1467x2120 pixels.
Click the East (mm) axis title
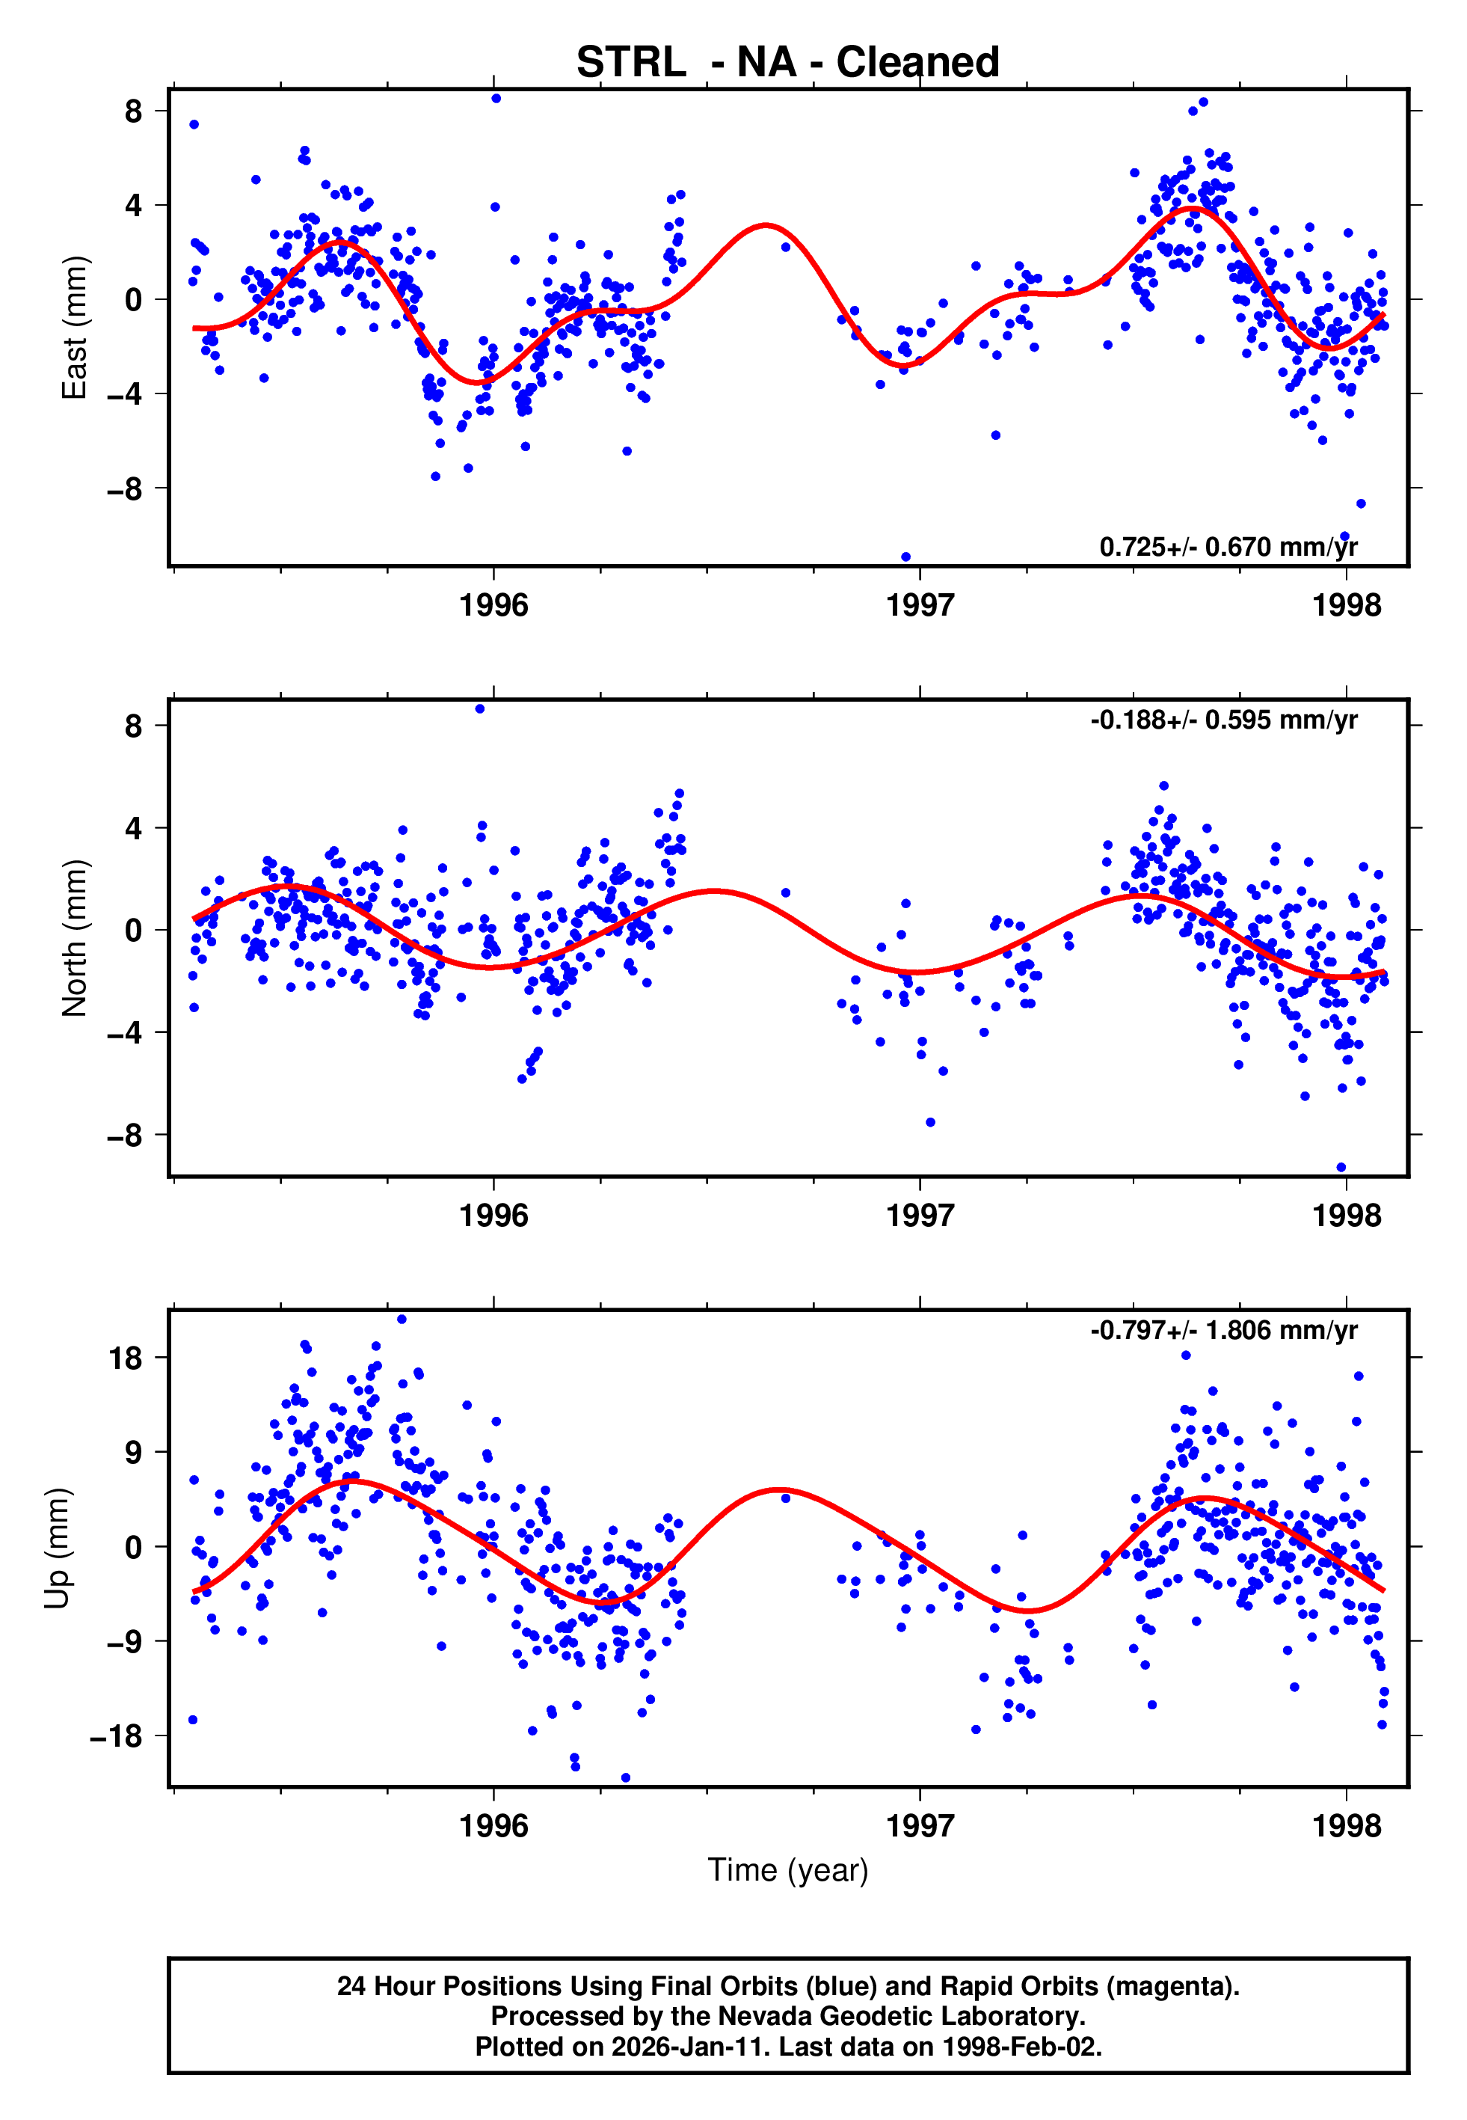(x=73, y=328)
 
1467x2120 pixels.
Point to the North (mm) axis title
(x=73, y=938)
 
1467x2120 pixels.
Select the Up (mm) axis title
(x=57, y=1548)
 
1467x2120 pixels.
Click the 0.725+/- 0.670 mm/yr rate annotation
(x=1228, y=547)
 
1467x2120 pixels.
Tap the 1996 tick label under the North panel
(x=493, y=1216)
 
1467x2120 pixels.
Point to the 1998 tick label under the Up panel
(x=1346, y=1826)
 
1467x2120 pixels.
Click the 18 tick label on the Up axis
(x=126, y=1358)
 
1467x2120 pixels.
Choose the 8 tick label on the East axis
(x=133, y=111)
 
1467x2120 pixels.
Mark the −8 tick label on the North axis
(x=124, y=1136)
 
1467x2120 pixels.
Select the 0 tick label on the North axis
(x=133, y=931)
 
